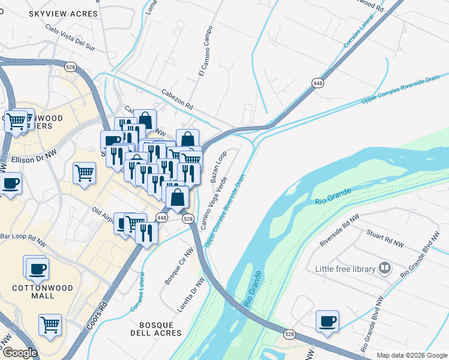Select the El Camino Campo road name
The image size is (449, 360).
[x=205, y=51]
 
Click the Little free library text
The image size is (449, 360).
[x=345, y=269]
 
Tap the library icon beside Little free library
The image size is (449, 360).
[x=385, y=268]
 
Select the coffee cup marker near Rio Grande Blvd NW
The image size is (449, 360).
[x=327, y=321]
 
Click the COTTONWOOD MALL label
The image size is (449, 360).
[x=43, y=292]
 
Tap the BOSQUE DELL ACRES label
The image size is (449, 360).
[x=155, y=328]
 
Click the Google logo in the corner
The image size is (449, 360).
[x=19, y=353]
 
